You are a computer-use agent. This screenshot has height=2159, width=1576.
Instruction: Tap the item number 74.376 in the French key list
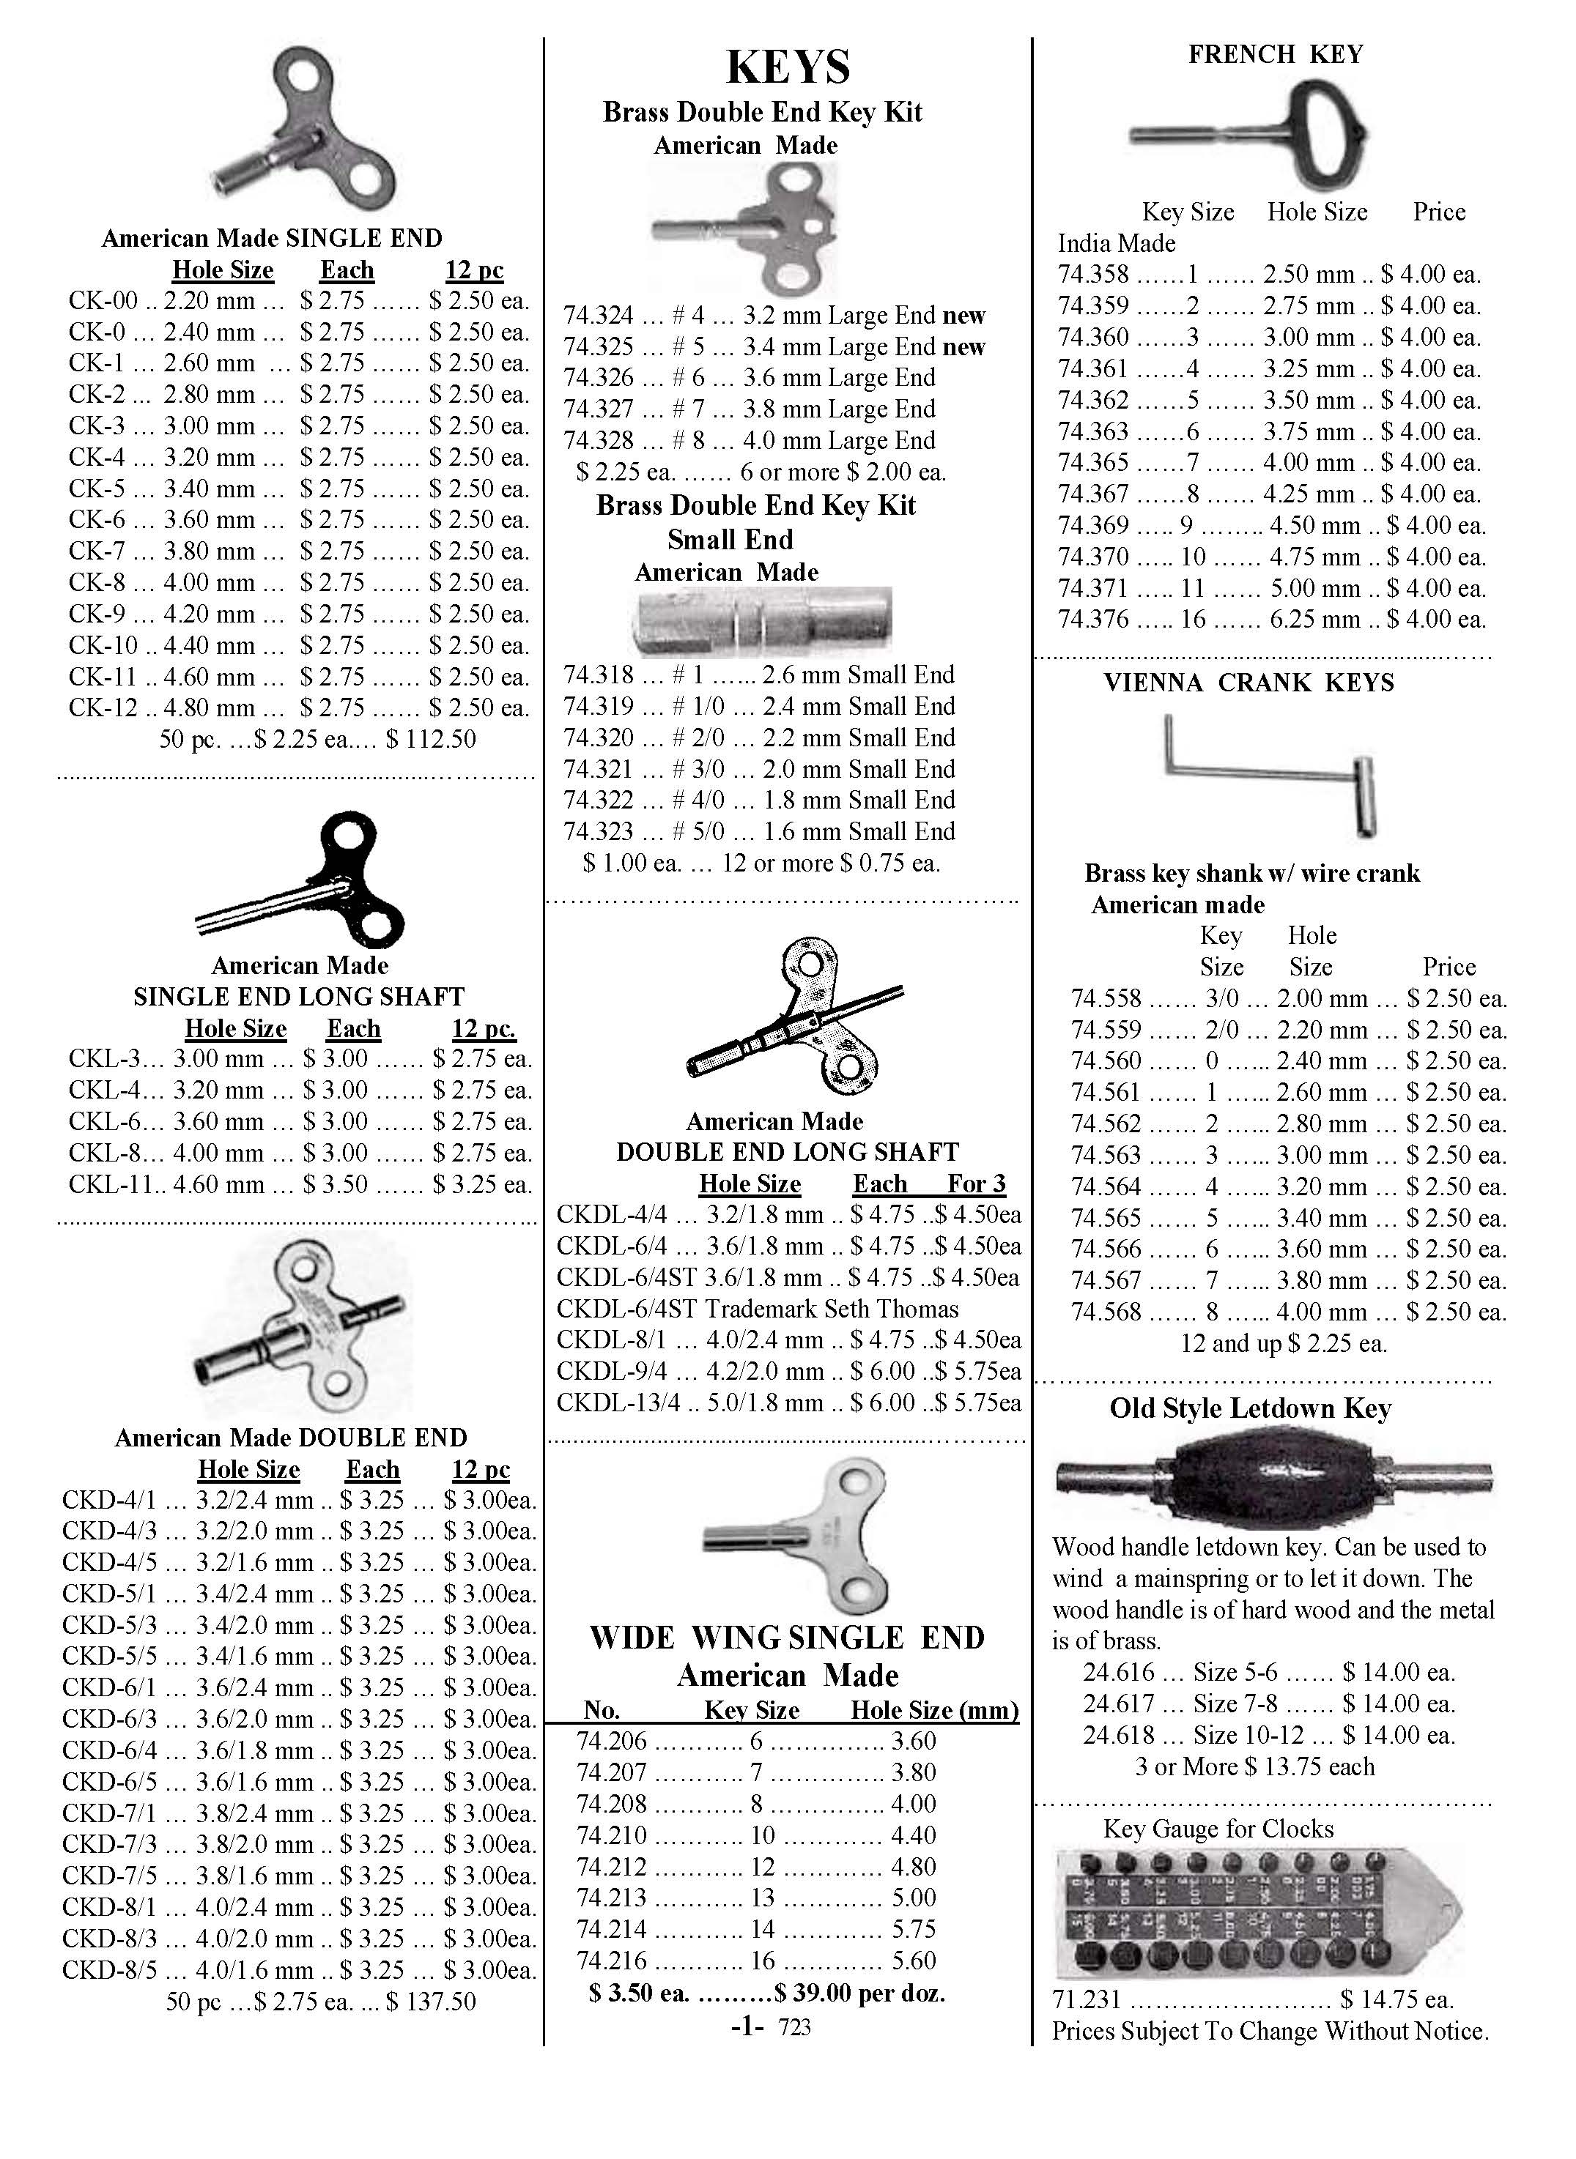tap(1092, 620)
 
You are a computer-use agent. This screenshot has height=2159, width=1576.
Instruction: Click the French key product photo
tap(1248, 135)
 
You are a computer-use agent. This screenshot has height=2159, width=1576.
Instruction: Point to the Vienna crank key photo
tap(1270, 774)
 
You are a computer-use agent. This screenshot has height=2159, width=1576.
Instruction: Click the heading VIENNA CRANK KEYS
tap(1248, 683)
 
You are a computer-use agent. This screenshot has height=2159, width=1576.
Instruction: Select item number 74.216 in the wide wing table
tap(612, 1961)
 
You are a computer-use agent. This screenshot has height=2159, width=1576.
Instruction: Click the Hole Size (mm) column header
tap(934, 1710)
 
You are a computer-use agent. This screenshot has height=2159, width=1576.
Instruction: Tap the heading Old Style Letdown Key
tap(1250, 1408)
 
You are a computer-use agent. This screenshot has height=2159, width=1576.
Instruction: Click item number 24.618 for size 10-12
tap(1118, 1735)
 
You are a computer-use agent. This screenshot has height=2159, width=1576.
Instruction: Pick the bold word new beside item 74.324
tap(963, 316)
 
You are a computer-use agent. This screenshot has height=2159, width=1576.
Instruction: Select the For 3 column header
tap(976, 1184)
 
